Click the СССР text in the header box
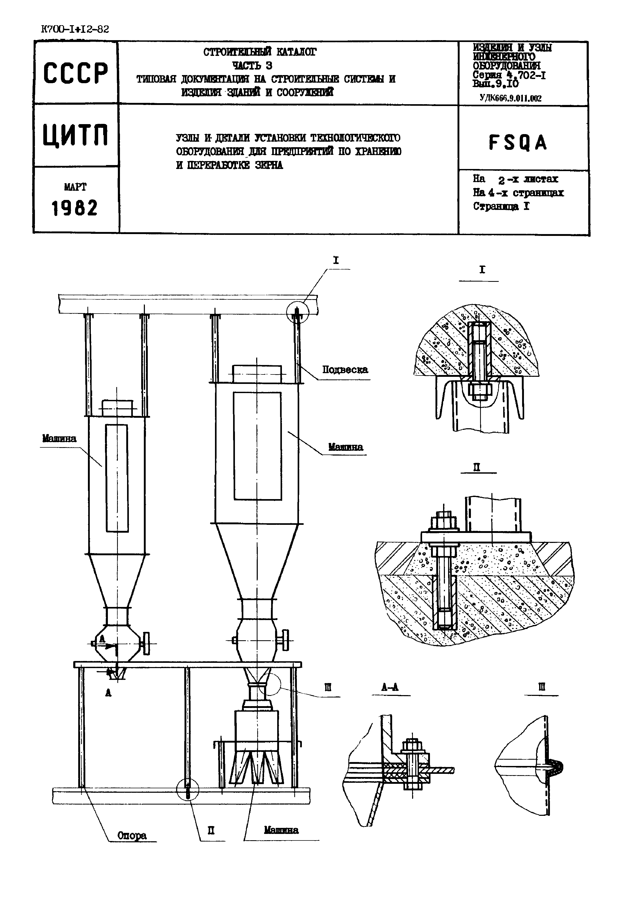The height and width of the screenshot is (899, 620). [x=75, y=73]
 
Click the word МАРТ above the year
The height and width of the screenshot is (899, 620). [x=75, y=187]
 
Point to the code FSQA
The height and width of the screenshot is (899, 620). [x=518, y=142]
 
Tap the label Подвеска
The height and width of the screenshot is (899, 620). [x=345, y=369]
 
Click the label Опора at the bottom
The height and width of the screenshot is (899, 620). [x=132, y=835]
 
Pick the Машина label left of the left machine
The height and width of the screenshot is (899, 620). [x=59, y=438]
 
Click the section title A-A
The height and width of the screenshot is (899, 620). [x=390, y=687]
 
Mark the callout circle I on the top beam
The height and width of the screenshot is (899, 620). [x=297, y=311]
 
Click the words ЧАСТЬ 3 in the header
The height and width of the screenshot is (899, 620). [x=252, y=65]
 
